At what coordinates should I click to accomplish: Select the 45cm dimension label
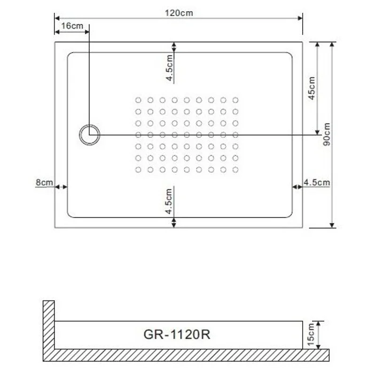pyautogui.click(x=312, y=87)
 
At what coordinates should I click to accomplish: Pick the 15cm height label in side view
pyautogui.click(x=311, y=335)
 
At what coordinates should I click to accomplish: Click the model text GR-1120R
pyautogui.click(x=176, y=335)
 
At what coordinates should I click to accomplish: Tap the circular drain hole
pyautogui.click(x=89, y=135)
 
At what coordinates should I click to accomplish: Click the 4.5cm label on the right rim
pyautogui.click(x=316, y=182)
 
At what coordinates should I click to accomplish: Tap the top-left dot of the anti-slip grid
pyautogui.click(x=138, y=100)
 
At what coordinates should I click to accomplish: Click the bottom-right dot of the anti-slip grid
pyautogui.click(x=235, y=169)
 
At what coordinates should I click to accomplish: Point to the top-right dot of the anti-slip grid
pyautogui.click(x=235, y=100)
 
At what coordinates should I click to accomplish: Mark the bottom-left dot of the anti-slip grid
pyautogui.click(x=138, y=169)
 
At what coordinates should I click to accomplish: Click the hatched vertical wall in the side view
pyautogui.click(x=49, y=329)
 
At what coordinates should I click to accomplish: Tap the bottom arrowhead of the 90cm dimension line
pyautogui.click(x=332, y=224)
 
